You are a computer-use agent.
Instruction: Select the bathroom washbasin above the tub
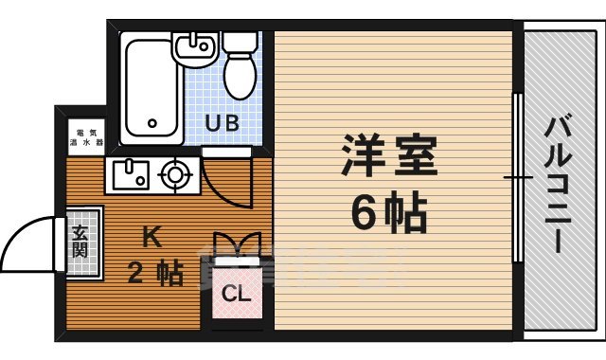[198, 48]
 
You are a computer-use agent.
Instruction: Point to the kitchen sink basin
[129, 173]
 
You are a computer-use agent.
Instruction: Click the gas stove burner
[175, 173]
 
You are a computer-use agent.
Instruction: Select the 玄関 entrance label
[80, 243]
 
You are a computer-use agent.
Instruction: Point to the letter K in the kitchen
[151, 234]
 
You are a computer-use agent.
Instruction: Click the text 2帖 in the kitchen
[156, 274]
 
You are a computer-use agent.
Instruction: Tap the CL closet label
[236, 294]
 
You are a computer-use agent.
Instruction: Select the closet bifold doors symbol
[236, 243]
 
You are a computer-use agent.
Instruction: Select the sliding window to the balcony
[517, 177]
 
